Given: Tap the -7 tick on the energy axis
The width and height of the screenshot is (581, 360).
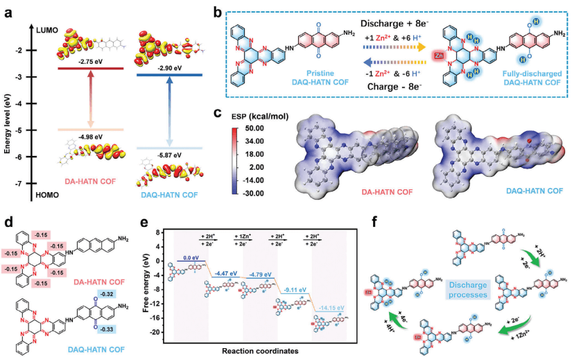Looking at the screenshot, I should click(x=22, y=183).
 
